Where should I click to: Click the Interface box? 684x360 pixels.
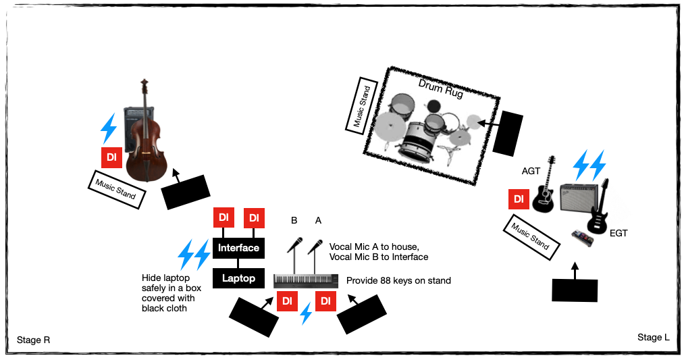pyautogui.click(x=238, y=248)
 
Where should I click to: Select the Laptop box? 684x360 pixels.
pyautogui.click(x=238, y=278)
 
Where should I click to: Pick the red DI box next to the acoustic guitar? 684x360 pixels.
pyautogui.click(x=519, y=199)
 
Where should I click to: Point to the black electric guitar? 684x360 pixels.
pyautogui.click(x=598, y=210)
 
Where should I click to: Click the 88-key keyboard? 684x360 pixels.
pyautogui.click(x=306, y=280)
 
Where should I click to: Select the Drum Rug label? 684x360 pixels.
pyautogui.click(x=441, y=89)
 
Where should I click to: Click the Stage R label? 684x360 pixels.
pyautogui.click(x=33, y=339)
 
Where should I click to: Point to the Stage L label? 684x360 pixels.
pyautogui.click(x=653, y=337)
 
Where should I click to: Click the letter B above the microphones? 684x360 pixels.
pyautogui.click(x=294, y=220)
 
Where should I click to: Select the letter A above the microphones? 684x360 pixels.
pyautogui.click(x=318, y=220)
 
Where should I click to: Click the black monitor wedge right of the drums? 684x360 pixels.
pyautogui.click(x=508, y=132)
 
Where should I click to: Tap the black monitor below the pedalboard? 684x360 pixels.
pyautogui.click(x=575, y=290)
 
